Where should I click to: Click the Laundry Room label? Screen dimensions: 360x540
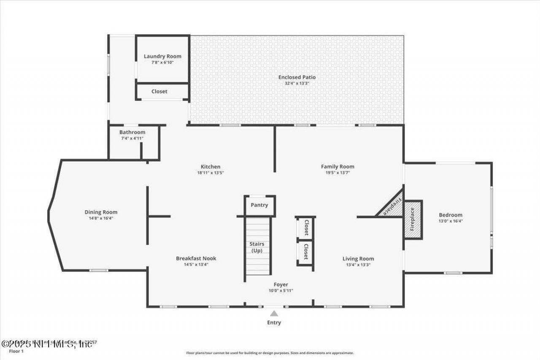point(162,56)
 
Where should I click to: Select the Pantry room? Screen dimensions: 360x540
point(259,205)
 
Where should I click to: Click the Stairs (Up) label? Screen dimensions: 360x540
point(257,247)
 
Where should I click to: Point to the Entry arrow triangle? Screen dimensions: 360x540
point(274,314)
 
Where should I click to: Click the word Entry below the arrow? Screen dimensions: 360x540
point(274,323)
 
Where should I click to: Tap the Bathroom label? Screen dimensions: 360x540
point(132,132)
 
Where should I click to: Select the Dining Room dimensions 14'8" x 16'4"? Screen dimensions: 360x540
point(101,219)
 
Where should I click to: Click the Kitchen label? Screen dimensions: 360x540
point(210,167)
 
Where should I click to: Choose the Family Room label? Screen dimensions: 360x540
point(337,167)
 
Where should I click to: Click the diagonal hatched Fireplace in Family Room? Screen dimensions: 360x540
point(391,207)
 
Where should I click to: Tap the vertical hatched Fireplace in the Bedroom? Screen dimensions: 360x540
point(413,220)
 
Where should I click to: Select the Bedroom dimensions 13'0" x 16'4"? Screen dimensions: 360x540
point(451,221)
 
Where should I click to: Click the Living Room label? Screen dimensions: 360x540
point(358,259)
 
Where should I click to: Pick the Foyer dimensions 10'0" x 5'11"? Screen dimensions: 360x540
point(281,291)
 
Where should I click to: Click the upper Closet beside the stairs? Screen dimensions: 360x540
point(306,228)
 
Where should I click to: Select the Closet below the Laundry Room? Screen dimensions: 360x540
point(159,91)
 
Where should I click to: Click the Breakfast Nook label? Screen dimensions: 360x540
point(196,259)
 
